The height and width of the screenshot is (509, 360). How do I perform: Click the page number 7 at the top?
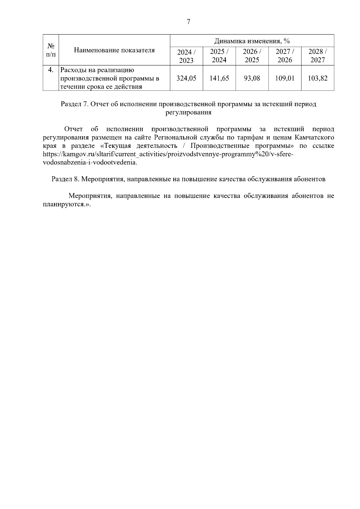point(188,22)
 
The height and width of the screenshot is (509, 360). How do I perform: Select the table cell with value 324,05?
point(186,78)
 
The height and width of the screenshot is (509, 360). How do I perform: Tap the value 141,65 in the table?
point(219,78)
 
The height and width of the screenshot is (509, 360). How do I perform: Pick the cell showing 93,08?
point(252,78)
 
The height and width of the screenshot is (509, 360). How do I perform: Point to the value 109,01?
point(285,78)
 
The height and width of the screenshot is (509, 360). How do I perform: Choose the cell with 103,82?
point(318,78)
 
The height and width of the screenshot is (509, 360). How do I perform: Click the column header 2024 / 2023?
point(186,56)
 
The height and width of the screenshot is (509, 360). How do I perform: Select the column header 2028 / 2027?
point(318,56)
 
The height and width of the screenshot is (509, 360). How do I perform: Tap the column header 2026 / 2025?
point(252,56)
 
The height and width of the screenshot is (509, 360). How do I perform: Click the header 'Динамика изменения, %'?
point(252,41)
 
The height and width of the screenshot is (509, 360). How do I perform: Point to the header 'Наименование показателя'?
point(114,50)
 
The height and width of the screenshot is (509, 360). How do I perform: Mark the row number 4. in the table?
point(51,70)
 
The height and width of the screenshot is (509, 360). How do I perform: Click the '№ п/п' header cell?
point(51,50)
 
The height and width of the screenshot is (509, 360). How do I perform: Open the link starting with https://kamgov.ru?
point(168,154)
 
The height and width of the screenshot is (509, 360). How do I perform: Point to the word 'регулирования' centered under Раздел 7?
point(188,113)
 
